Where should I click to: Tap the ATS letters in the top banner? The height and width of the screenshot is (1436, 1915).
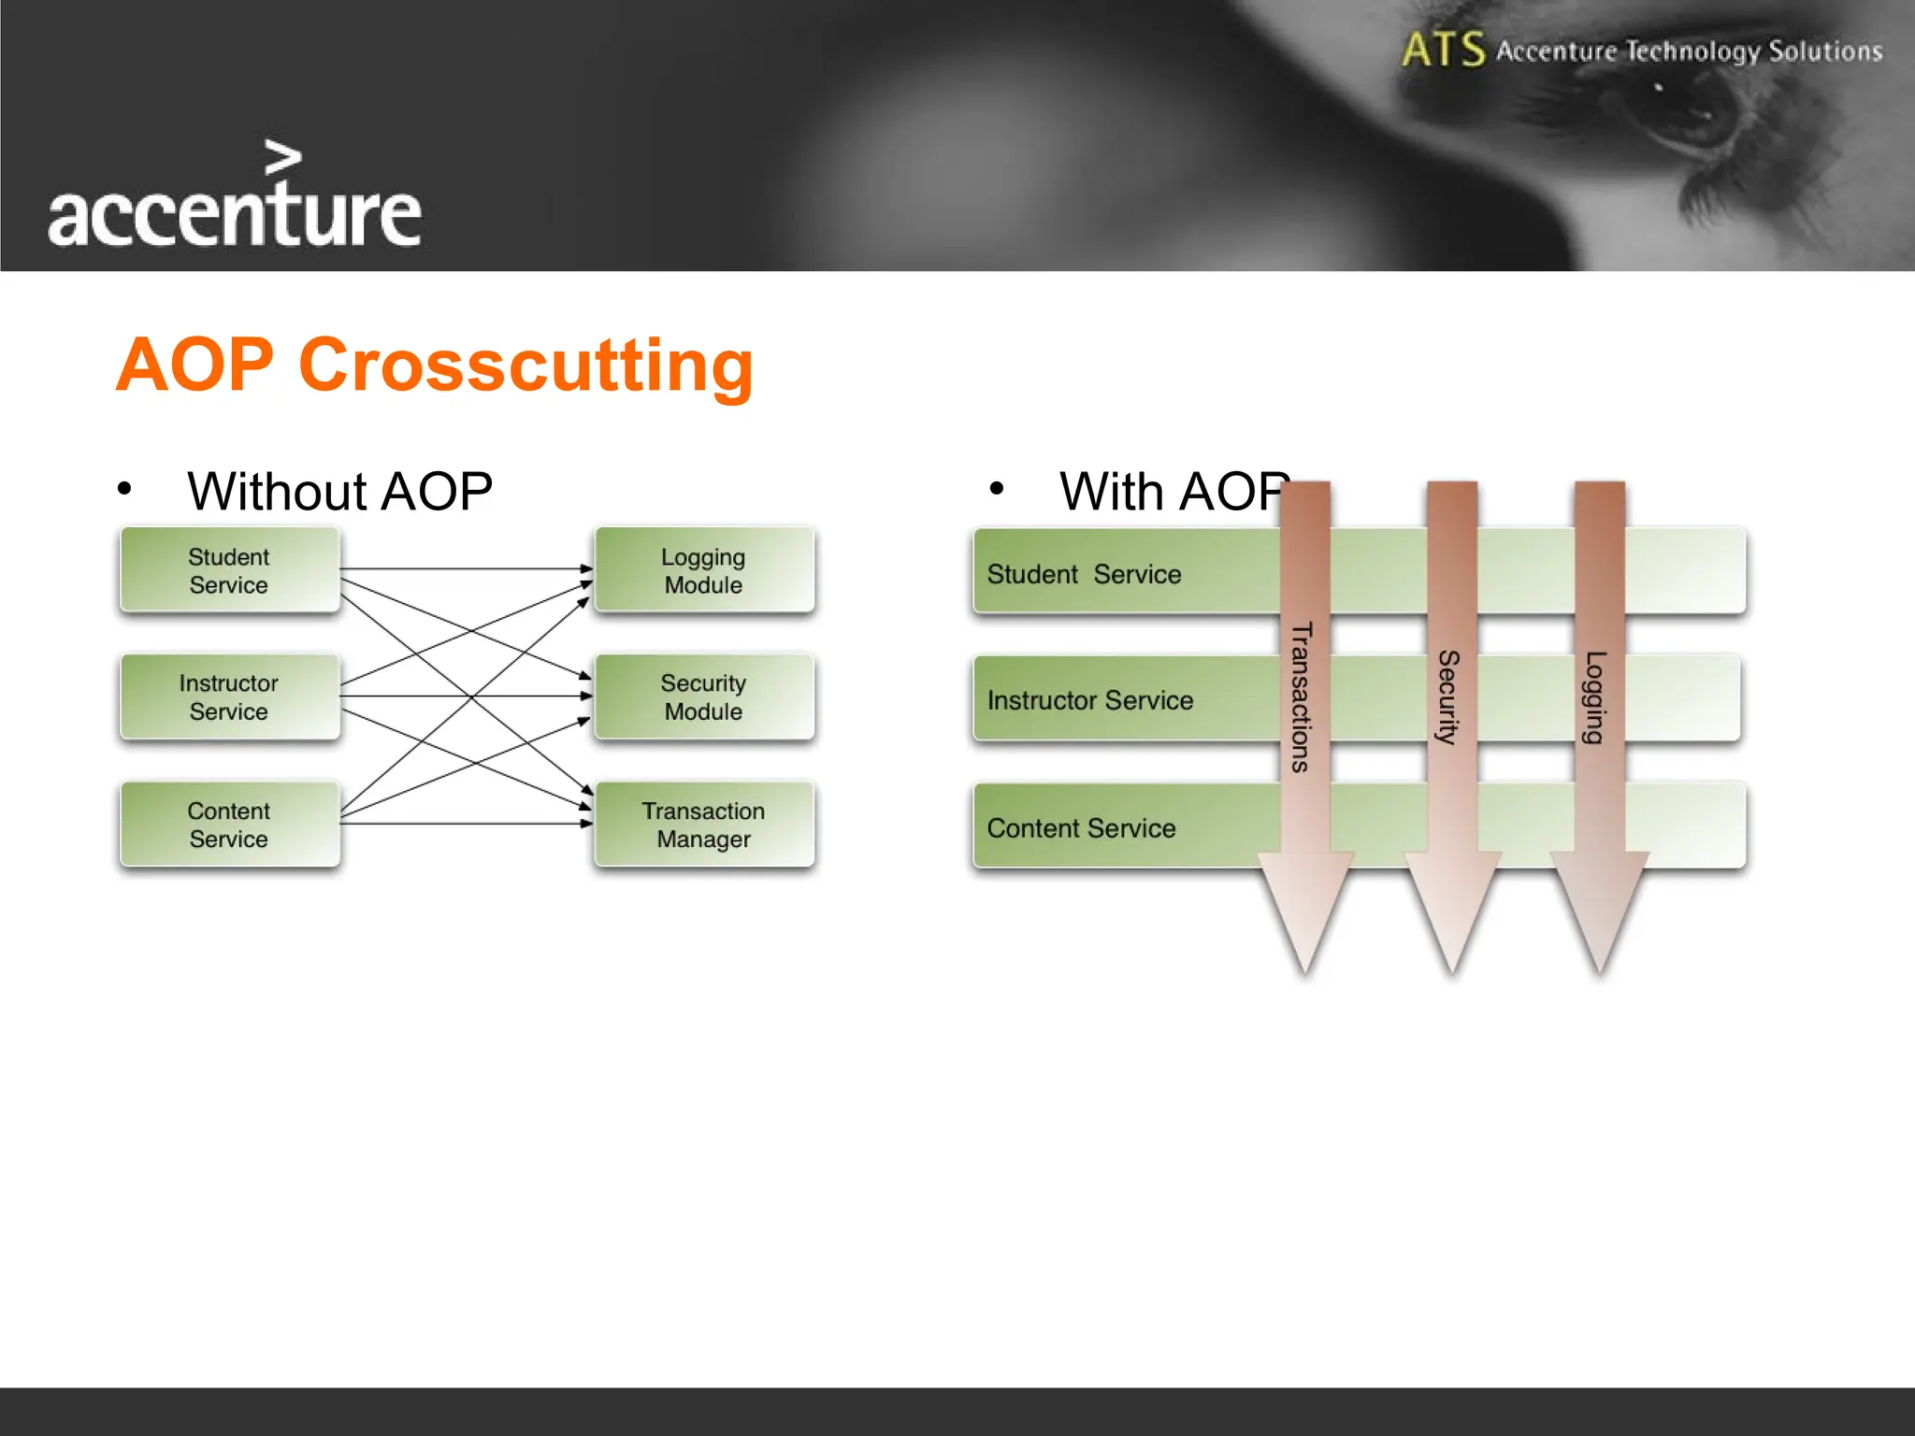[x=1443, y=50]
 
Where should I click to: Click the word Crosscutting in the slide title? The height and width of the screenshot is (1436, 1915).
[x=526, y=366]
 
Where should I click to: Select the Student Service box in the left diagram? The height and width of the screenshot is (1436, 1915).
[x=229, y=570]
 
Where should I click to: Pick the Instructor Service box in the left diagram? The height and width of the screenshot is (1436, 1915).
[x=229, y=697]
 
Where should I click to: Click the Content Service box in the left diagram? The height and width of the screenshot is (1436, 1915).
[x=229, y=825]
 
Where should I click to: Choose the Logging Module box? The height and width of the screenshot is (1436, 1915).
[x=703, y=570]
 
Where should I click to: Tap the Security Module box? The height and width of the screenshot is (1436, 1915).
[x=703, y=697]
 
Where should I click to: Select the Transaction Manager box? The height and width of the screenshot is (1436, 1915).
[x=703, y=825]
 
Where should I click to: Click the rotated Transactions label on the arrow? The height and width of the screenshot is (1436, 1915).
[x=1301, y=696]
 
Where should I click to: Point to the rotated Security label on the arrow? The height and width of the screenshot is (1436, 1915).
[x=1448, y=696]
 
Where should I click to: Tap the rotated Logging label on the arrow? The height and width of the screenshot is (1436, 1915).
[x=1595, y=696]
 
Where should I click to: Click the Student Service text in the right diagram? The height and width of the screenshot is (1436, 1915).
[x=1084, y=574]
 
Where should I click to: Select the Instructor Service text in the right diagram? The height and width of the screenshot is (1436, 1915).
[x=1089, y=700]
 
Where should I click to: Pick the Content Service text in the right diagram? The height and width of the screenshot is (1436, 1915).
[x=1081, y=828]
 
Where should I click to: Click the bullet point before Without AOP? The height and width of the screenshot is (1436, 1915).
[x=124, y=488]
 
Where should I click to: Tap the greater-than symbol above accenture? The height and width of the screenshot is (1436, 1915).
[x=282, y=157]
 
